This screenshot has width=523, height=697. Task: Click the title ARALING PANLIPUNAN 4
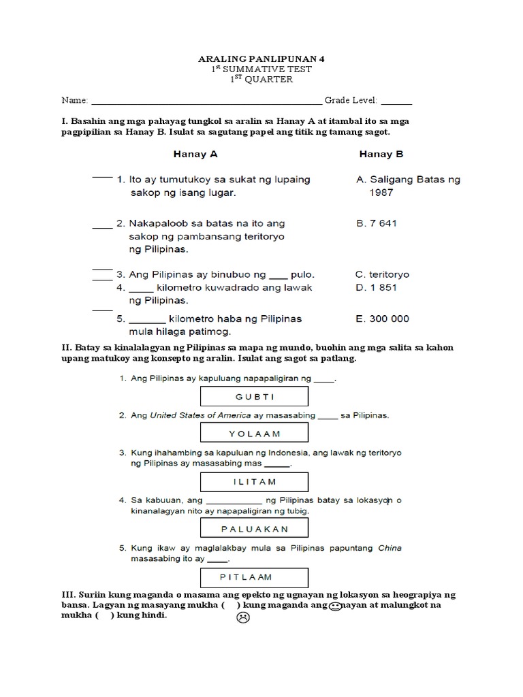[x=261, y=59]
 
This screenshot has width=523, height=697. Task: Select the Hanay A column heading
[x=195, y=154]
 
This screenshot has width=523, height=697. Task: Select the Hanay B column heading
[x=381, y=154]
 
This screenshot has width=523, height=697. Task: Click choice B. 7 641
[x=377, y=223]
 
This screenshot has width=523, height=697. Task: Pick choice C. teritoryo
[x=382, y=274]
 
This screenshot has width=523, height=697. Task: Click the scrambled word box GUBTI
[x=255, y=397]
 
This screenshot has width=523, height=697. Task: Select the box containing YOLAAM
[x=255, y=433]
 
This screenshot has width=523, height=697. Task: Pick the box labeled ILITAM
[x=255, y=481]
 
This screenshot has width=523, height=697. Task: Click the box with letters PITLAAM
[x=255, y=577]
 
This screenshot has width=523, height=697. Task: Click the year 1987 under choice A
[x=381, y=193]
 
